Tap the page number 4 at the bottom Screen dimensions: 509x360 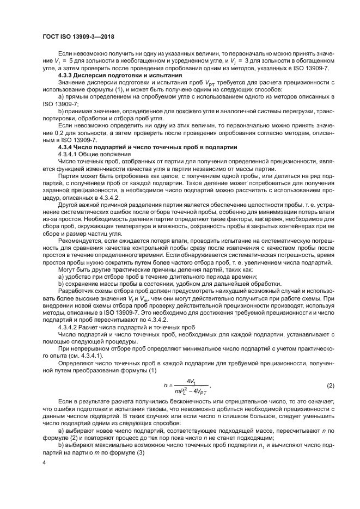45,462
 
